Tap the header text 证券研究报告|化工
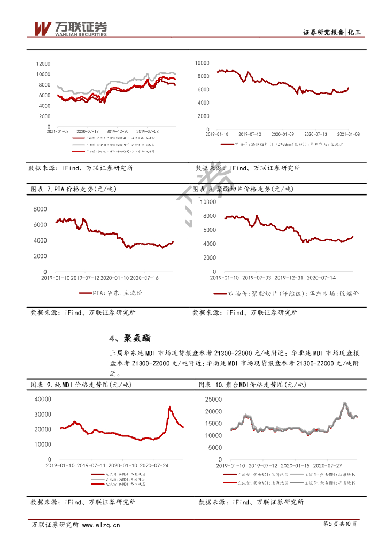point(332,33)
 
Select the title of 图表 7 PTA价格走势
point(73,189)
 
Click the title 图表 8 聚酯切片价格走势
point(242,189)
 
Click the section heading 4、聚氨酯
point(130,338)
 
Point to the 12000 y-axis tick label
point(43,63)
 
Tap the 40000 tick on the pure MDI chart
point(42,399)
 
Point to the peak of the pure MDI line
point(169,407)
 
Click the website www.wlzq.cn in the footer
point(100,525)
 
